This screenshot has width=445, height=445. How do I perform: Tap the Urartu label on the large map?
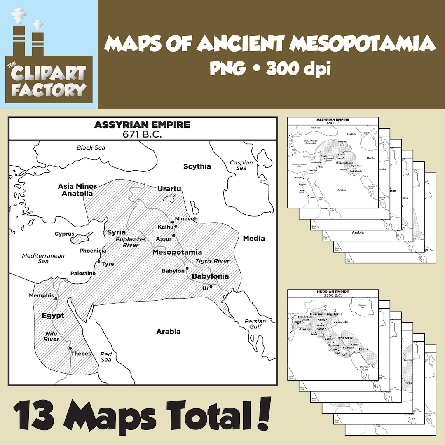coord(169,189)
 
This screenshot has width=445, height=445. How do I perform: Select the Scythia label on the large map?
coord(197,166)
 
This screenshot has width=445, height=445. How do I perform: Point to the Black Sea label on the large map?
coord(91,148)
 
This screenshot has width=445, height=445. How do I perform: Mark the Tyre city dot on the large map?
coord(98,262)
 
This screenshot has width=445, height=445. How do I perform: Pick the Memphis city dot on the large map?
coord(56,298)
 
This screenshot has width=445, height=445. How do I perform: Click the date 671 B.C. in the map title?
coord(142,134)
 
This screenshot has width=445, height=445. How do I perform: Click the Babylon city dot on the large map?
coord(187,268)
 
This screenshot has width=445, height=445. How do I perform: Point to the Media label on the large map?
coord(254,238)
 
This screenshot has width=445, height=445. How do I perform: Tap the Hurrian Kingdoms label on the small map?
coord(326,314)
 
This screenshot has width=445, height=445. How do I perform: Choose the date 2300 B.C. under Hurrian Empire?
coord(333,295)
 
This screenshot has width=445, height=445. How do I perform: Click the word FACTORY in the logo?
coord(49,89)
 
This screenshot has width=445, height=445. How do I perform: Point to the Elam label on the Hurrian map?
coord(363,349)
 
